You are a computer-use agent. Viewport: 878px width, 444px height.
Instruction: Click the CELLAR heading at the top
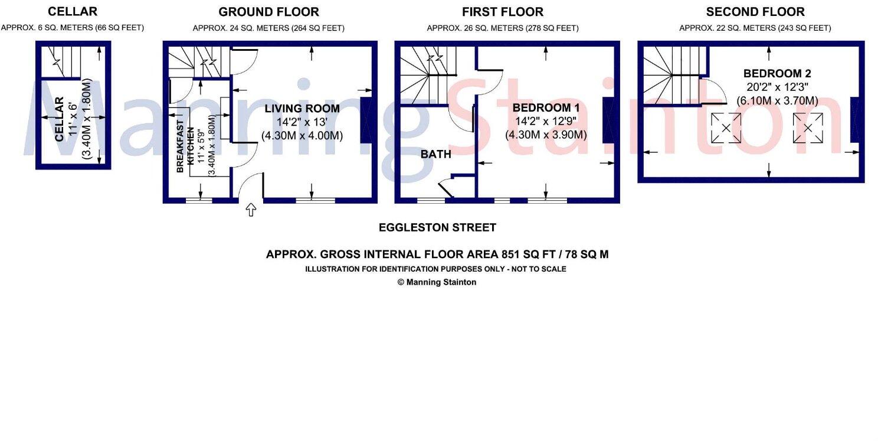click(73, 12)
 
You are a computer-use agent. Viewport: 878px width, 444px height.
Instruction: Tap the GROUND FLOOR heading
click(268, 12)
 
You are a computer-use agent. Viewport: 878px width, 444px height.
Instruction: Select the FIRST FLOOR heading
click(503, 12)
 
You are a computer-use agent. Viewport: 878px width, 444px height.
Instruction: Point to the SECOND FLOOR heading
click(755, 12)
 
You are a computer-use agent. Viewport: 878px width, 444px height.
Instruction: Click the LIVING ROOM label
click(302, 109)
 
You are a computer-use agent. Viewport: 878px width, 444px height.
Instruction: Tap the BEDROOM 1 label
click(546, 108)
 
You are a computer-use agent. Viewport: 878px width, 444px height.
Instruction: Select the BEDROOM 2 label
click(777, 74)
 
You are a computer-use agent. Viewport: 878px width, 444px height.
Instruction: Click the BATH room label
click(436, 155)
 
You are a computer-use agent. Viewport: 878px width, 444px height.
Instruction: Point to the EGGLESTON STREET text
click(437, 227)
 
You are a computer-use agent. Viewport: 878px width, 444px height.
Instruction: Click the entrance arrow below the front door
click(251, 210)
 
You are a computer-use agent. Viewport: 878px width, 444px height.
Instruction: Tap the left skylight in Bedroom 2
click(726, 128)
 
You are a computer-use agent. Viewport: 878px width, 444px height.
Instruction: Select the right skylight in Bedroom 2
click(808, 128)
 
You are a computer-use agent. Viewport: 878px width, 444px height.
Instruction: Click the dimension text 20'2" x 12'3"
click(777, 87)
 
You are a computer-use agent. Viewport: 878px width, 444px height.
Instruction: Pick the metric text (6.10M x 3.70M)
click(777, 101)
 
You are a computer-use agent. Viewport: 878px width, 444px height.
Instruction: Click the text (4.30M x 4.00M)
click(302, 136)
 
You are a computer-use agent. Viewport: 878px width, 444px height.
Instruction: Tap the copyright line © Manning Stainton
click(437, 282)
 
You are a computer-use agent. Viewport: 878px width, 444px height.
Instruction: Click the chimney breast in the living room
click(366, 120)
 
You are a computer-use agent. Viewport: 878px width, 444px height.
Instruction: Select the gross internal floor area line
click(437, 255)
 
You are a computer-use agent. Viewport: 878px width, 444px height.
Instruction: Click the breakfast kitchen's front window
click(199, 201)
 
